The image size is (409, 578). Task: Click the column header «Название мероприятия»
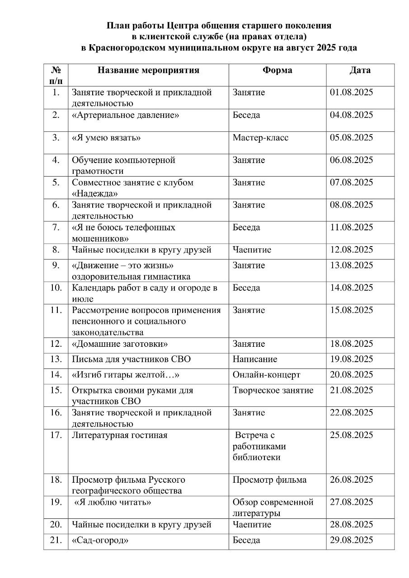pyautogui.click(x=149, y=70)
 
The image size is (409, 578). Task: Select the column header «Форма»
pyautogui.click(x=277, y=70)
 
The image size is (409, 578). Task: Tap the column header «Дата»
pyautogui.click(x=360, y=70)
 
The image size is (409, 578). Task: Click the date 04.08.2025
pyautogui.click(x=352, y=115)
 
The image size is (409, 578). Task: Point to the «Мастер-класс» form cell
pyautogui.click(x=260, y=138)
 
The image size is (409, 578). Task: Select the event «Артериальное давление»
pyautogui.click(x=126, y=115)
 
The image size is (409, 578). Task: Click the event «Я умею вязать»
pyautogui.click(x=106, y=138)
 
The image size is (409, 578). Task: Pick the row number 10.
pyautogui.click(x=56, y=288)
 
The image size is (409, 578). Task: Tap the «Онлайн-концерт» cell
pyautogui.click(x=266, y=375)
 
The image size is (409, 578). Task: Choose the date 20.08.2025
pyautogui.click(x=352, y=375)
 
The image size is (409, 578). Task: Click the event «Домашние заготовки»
pyautogui.click(x=120, y=344)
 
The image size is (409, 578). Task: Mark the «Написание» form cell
pyautogui.click(x=255, y=359)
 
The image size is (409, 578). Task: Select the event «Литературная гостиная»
pyautogui.click(x=120, y=435)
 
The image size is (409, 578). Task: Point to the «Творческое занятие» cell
pyautogui.click(x=273, y=390)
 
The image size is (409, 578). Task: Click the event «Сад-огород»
pyautogui.click(x=98, y=540)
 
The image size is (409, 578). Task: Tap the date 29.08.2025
pyautogui.click(x=352, y=540)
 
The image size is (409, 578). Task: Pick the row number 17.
pyautogui.click(x=56, y=435)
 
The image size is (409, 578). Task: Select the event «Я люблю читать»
pyautogui.click(x=113, y=502)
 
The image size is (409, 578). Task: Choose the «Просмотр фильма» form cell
pyautogui.click(x=269, y=480)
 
